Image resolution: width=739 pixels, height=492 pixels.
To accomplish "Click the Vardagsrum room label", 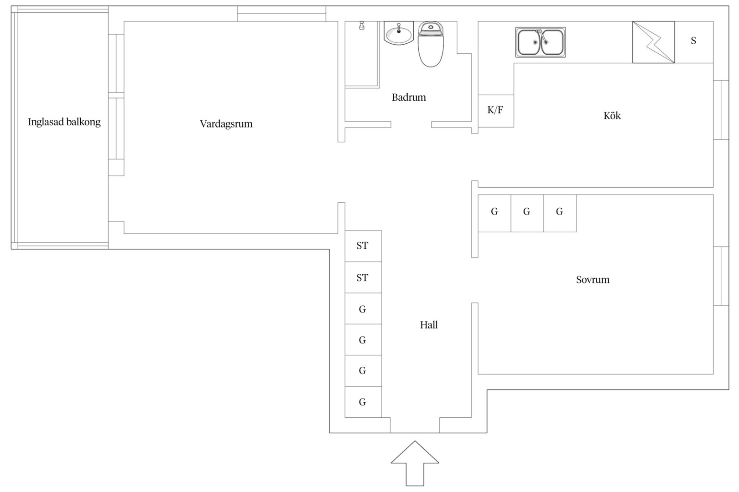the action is tap(226, 124).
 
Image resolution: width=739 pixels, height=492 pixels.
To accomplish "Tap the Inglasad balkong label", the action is tap(64, 122).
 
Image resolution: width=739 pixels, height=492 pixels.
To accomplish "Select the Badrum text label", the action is tap(409, 97).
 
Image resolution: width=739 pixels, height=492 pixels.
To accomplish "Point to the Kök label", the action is tap(612, 115).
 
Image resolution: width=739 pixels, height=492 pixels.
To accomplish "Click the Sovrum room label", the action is tap(593, 280).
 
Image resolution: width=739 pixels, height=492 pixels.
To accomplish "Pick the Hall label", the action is tap(428, 325).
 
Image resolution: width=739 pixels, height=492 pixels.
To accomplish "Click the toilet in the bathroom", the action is tap(431, 44).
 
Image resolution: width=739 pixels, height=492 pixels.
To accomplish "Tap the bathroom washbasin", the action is tap(399, 33).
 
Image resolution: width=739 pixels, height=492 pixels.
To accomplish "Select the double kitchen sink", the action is tap(541, 42).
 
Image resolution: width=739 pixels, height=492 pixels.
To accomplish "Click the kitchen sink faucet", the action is tap(541, 36).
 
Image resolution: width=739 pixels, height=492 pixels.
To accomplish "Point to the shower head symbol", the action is tap(362, 26).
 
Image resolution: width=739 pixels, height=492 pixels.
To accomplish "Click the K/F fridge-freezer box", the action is tap(496, 111).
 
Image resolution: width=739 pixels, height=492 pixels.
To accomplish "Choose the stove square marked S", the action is tap(694, 42).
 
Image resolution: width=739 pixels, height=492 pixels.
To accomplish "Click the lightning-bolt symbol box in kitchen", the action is tap(654, 42).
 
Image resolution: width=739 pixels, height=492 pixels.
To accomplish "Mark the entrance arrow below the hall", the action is tap(415, 463).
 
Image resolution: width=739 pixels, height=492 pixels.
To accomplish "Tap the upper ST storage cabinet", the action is tap(363, 246).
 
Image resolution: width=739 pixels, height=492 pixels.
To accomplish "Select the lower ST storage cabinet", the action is tap(363, 277).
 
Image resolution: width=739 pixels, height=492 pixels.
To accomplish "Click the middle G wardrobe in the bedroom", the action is tap(527, 213).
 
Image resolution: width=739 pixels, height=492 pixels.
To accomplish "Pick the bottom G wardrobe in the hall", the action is tap(363, 402).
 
